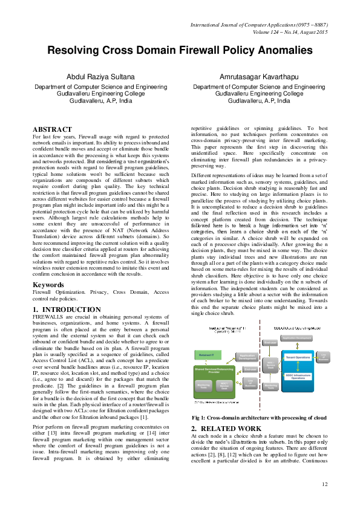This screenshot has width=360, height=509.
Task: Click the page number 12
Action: (x=324, y=484)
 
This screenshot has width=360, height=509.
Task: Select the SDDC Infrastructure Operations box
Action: (x=297, y=377)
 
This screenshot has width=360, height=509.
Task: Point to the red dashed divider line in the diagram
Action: (x=260, y=363)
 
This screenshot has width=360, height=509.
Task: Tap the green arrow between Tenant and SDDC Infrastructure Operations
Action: (x=297, y=366)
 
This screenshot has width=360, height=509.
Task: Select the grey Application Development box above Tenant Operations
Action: (x=297, y=338)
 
